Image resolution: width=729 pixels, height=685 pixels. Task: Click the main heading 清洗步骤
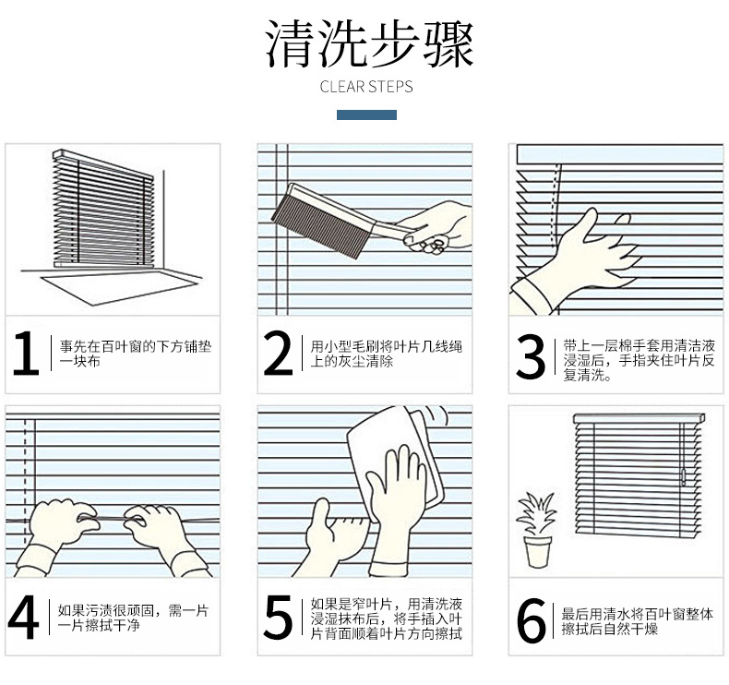pos(370,45)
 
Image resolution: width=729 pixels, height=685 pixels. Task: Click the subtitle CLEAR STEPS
pos(366,87)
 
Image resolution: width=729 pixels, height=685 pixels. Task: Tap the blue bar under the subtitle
pos(366,114)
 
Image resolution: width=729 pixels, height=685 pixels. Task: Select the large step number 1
pos(26,353)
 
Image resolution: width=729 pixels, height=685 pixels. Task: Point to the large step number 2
pos(278,353)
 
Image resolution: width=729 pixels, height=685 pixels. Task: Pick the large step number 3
pos(531,356)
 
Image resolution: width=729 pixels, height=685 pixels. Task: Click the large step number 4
pos(23,617)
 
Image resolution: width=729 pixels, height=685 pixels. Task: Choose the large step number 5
pos(278,616)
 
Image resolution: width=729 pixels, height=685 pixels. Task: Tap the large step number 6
pos(531,620)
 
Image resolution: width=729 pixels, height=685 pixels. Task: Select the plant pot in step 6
pos(537,552)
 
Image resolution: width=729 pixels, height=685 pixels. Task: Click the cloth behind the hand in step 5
pos(394,465)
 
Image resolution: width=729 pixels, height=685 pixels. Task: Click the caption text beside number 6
pos(637,621)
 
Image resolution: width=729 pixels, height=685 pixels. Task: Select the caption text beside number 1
pos(136,354)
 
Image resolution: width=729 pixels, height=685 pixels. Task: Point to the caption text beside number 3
pos(639,360)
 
